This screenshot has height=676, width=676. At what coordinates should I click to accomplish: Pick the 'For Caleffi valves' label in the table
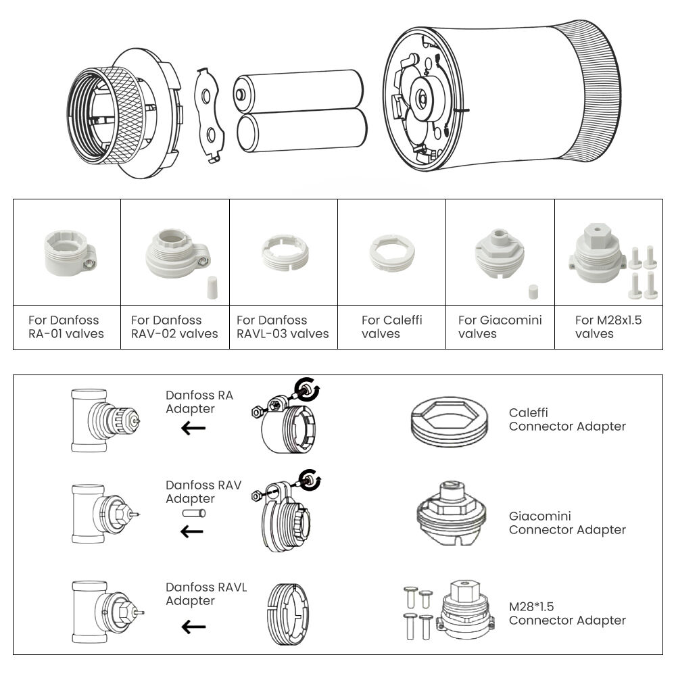point(391,327)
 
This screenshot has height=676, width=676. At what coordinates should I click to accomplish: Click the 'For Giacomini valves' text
point(500,327)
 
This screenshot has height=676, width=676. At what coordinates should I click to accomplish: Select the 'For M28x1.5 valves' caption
point(608,327)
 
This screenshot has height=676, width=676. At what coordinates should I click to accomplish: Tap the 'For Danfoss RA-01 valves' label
point(66,327)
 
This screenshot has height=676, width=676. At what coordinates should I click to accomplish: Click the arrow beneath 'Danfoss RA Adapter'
point(193,427)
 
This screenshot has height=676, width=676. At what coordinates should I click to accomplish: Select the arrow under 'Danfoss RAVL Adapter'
point(193,627)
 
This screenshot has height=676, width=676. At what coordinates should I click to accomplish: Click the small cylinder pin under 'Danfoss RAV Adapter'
point(193,514)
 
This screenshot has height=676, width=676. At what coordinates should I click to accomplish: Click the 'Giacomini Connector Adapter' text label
point(567,523)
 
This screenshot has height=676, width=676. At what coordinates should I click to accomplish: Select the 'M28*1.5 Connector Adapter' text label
point(567,613)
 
